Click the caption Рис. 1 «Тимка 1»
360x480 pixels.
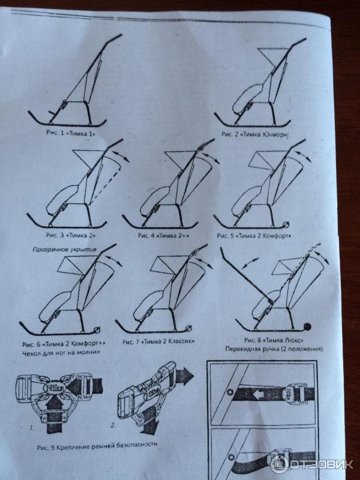click(x=71, y=133)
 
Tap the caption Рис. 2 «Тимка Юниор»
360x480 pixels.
click(x=255, y=134)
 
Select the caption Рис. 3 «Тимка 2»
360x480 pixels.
click(x=71, y=235)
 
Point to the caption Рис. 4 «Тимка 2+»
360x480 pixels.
click(x=163, y=235)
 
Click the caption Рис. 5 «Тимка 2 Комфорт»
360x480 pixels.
click(x=254, y=236)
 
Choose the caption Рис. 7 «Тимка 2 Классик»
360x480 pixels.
click(x=158, y=341)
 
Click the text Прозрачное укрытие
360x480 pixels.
click(x=65, y=250)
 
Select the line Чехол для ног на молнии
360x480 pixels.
click(x=61, y=352)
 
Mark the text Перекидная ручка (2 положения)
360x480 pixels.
click(x=274, y=349)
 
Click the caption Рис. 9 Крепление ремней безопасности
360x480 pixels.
click(x=97, y=446)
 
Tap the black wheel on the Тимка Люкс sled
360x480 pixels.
click(x=307, y=326)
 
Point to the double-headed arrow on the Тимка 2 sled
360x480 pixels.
click(x=121, y=156)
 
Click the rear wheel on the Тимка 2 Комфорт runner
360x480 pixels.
click(x=286, y=224)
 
